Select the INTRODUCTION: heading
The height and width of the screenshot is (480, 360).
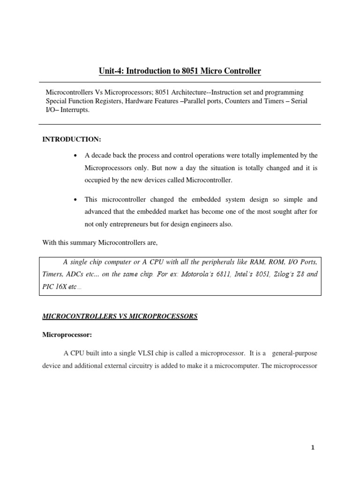pyautogui.click(x=72, y=140)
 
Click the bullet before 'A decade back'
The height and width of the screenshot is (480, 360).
pyautogui.click(x=75, y=155)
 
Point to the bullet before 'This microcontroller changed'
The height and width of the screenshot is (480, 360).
pyautogui.click(x=75, y=200)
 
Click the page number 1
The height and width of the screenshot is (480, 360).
pyautogui.click(x=313, y=448)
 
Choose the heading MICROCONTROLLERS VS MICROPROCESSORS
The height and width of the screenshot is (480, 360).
pyautogui.click(x=120, y=317)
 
